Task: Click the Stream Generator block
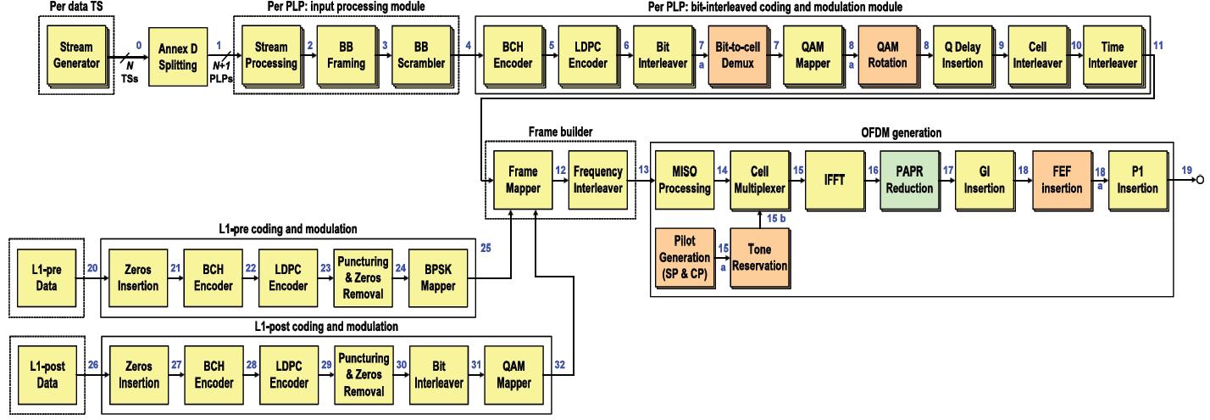pos(75,55)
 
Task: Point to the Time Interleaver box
pos(1111,55)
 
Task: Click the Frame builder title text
pos(559,132)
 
